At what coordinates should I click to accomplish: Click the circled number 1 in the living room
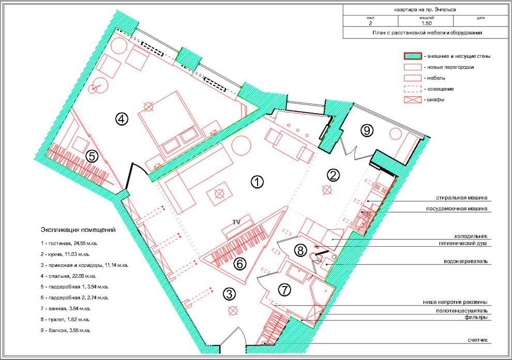(x=257, y=182)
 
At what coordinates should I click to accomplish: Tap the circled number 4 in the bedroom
(x=121, y=119)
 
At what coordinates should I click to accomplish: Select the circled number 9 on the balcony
(x=367, y=130)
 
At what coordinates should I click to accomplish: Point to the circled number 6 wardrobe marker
(x=239, y=263)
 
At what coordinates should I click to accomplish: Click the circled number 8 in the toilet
(x=300, y=250)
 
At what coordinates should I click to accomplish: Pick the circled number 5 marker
(x=92, y=156)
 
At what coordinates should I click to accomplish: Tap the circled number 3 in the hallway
(x=229, y=294)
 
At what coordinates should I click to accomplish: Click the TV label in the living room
(x=236, y=221)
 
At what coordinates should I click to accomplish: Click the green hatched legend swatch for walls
(x=412, y=56)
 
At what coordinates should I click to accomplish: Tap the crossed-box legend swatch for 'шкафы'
(x=412, y=99)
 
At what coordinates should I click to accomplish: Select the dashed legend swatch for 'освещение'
(x=412, y=88)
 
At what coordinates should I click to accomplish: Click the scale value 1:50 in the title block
(x=426, y=23)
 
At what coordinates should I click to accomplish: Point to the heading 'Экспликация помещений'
(x=78, y=230)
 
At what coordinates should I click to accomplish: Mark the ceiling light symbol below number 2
(x=326, y=190)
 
